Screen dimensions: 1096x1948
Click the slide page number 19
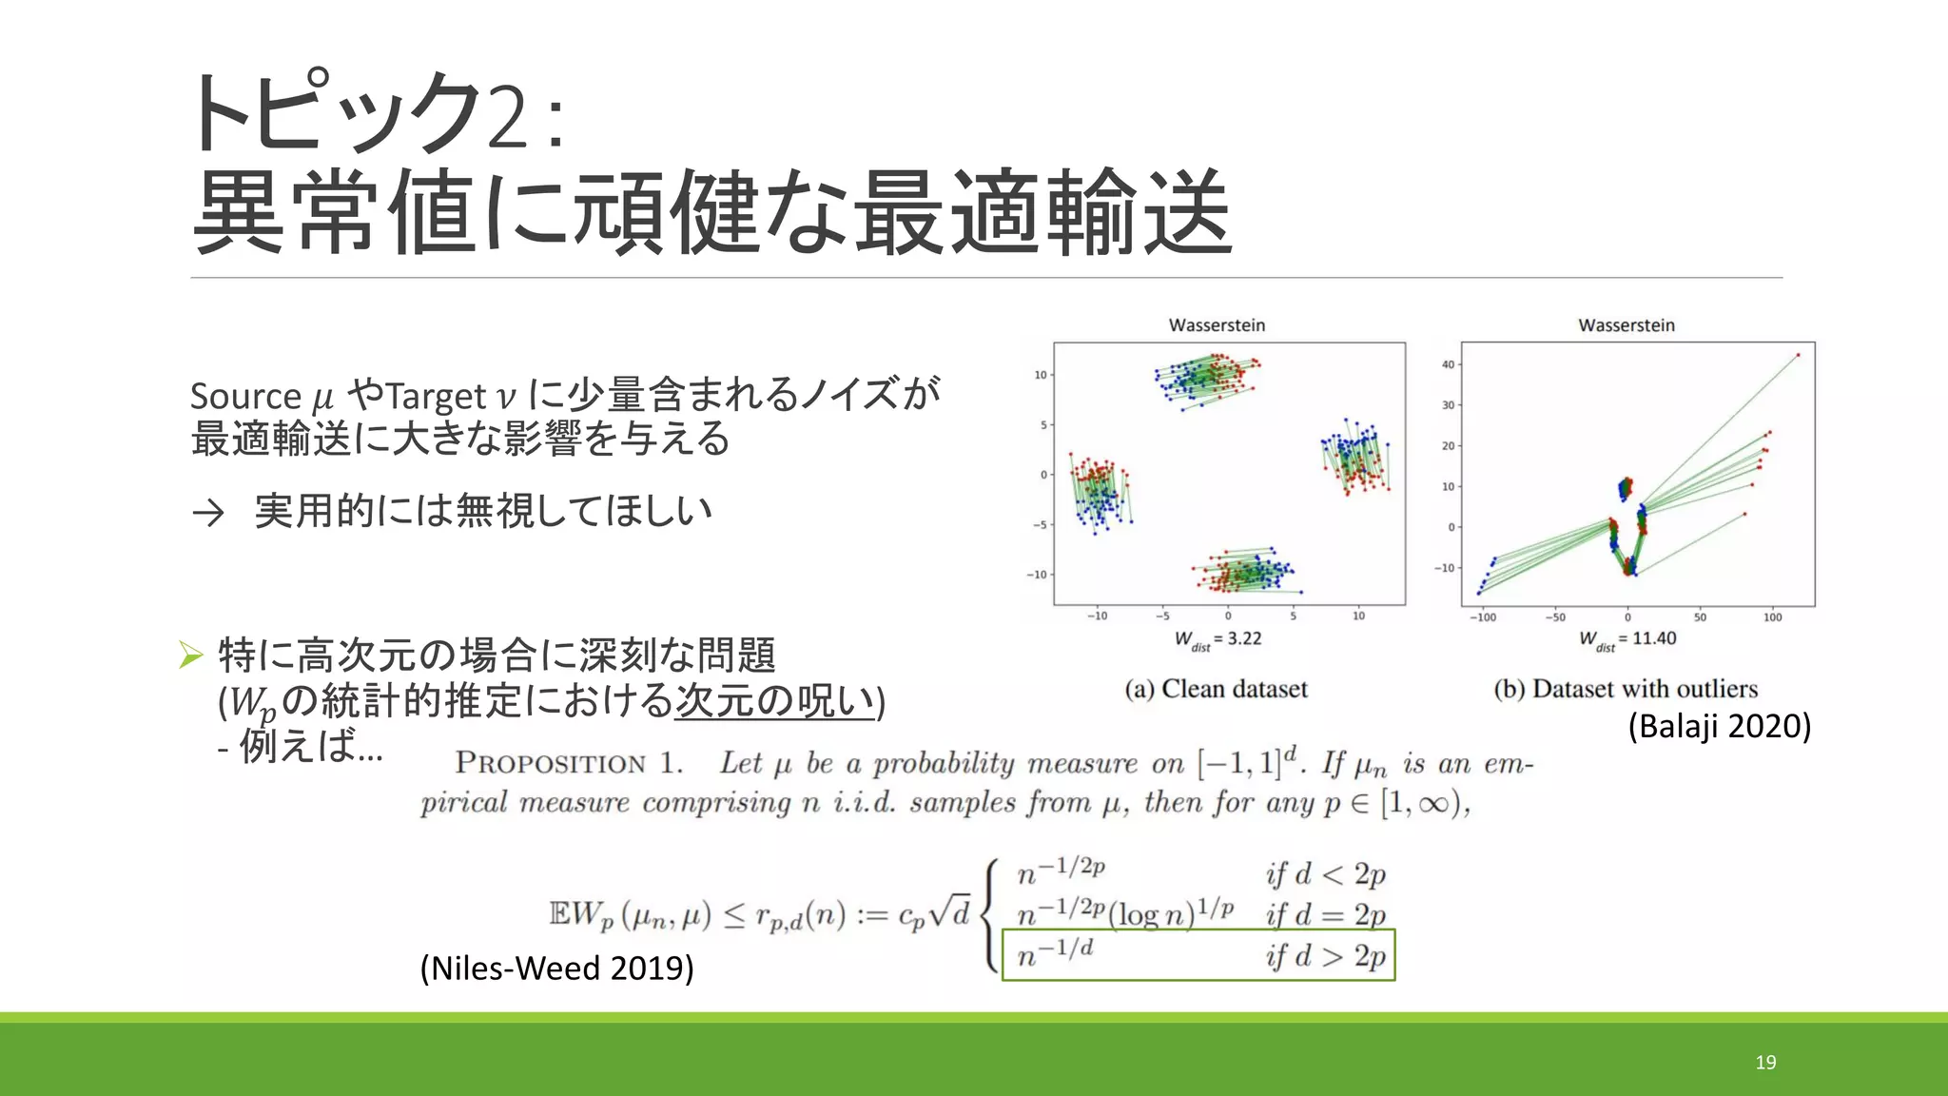tap(1765, 1063)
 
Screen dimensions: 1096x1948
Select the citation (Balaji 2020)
tap(1719, 726)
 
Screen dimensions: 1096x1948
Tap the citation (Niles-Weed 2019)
tap(556, 968)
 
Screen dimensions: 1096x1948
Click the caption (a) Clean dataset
tap(1216, 689)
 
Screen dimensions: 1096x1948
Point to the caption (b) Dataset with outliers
tap(1626, 689)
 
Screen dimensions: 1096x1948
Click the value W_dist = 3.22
tap(1217, 639)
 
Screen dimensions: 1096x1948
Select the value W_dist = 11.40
tap(1627, 639)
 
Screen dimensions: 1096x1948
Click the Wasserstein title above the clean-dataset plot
tap(1217, 325)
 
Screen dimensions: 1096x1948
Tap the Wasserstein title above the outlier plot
tap(1627, 325)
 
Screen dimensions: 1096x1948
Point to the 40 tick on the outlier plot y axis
tap(1448, 364)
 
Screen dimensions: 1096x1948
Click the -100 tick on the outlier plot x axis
tap(1483, 617)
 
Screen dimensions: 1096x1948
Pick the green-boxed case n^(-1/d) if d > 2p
tap(1198, 954)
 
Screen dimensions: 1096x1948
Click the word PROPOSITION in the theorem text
tap(551, 763)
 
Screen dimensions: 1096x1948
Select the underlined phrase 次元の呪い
tap(774, 701)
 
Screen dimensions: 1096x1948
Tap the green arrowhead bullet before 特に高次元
tap(191, 655)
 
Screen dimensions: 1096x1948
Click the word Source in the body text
tap(245, 396)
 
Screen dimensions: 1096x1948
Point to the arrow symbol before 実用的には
tap(208, 513)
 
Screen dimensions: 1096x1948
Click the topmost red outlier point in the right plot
tap(1798, 356)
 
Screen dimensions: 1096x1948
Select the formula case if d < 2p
tap(1325, 874)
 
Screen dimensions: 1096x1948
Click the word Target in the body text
tap(437, 396)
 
